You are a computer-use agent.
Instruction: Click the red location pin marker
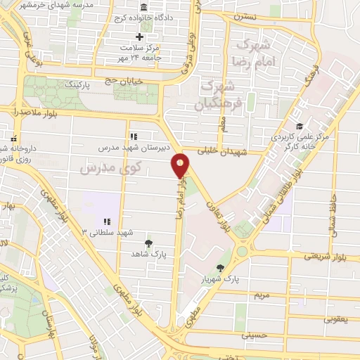[181, 166]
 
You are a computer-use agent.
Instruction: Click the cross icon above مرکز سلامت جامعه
[139, 37]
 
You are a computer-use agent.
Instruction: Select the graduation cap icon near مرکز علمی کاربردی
[299, 127]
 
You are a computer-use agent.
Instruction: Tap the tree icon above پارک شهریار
[221, 268]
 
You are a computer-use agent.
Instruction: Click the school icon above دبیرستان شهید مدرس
[133, 137]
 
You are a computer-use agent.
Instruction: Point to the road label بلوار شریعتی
[321, 257]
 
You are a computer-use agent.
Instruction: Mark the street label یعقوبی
[335, 319]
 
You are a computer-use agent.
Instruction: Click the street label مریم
[262, 295]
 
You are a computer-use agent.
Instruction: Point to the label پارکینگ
[78, 84]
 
